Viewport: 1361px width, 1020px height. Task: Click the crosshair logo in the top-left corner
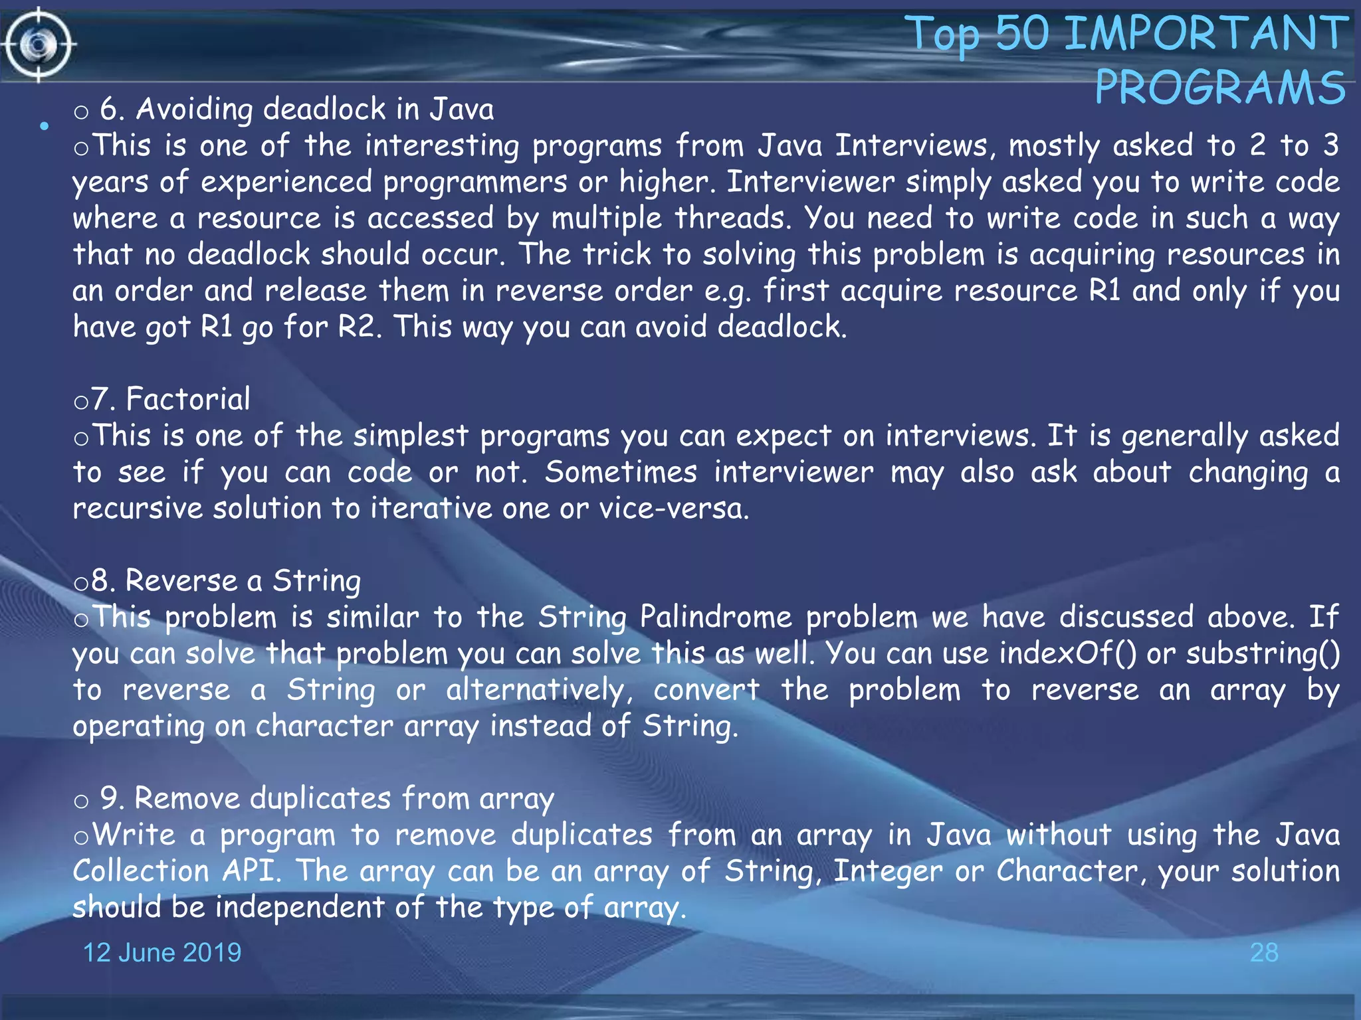(x=39, y=44)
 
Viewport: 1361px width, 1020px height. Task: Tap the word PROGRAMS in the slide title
(x=1220, y=88)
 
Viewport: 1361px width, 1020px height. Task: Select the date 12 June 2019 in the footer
(x=161, y=952)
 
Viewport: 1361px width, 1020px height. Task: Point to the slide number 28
(x=1264, y=952)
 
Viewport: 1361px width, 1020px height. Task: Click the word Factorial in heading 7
(x=188, y=399)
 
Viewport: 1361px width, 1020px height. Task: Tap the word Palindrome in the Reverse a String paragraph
(x=716, y=617)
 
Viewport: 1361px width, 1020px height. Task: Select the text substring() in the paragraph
(x=1263, y=653)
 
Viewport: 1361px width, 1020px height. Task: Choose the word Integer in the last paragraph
(x=888, y=871)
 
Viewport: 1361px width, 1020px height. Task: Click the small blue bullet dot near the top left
(x=44, y=126)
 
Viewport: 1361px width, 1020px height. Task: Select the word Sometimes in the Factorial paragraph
(x=621, y=472)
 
